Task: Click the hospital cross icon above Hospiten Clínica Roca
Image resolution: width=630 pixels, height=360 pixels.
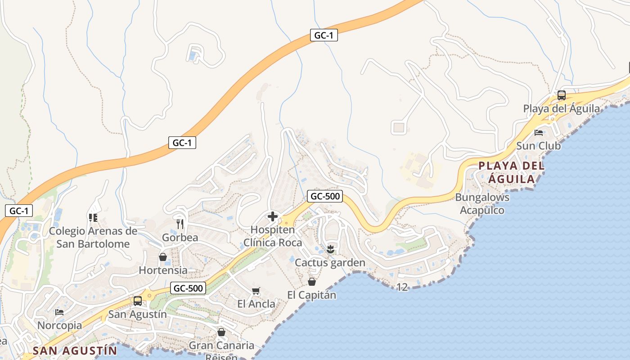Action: pyautogui.click(x=273, y=217)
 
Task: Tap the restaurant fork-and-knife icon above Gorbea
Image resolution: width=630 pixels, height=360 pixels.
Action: pyautogui.click(x=180, y=224)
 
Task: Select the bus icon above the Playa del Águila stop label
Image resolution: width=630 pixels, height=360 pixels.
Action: pyautogui.click(x=561, y=95)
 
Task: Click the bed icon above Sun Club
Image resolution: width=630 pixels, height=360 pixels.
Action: pyautogui.click(x=538, y=133)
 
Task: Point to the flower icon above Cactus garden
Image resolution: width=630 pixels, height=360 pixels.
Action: pyautogui.click(x=330, y=249)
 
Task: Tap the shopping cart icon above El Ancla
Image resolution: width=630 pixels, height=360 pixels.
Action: pyautogui.click(x=256, y=291)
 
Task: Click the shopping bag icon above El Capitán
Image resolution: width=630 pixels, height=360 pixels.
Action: pyautogui.click(x=311, y=282)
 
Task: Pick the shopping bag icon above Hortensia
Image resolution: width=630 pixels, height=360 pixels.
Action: pyautogui.click(x=163, y=257)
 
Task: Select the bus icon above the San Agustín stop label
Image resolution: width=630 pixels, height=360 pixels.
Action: pyautogui.click(x=138, y=301)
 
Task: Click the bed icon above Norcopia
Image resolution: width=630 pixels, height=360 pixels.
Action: pyautogui.click(x=59, y=312)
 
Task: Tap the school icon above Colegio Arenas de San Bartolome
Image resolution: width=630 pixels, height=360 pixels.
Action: pyautogui.click(x=93, y=218)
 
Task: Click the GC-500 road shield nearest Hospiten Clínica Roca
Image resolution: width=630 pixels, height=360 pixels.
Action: pyautogui.click(x=325, y=196)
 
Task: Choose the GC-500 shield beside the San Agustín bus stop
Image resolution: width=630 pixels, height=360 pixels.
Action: pyautogui.click(x=188, y=288)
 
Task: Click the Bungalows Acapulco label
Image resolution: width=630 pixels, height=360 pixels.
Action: pyautogui.click(x=482, y=204)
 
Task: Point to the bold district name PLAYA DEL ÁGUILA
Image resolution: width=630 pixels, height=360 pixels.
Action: pyautogui.click(x=512, y=172)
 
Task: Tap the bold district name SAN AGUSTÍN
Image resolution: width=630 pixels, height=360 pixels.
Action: pyautogui.click(x=75, y=351)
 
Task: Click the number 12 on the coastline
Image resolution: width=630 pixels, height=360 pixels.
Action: pyautogui.click(x=402, y=287)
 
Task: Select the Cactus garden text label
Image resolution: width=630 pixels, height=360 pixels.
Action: pyautogui.click(x=330, y=263)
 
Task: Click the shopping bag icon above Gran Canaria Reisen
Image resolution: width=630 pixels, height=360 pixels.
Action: pyautogui.click(x=221, y=333)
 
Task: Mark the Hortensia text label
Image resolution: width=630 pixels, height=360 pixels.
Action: pyautogui.click(x=163, y=270)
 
